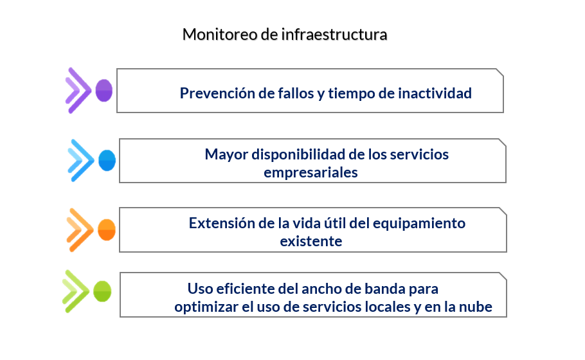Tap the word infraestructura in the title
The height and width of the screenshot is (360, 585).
coord(334,34)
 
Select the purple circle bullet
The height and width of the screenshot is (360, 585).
coord(104,90)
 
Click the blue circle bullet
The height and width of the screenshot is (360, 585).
coord(107,161)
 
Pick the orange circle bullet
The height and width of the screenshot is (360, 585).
coord(107,230)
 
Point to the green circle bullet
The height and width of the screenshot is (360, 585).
coord(102,291)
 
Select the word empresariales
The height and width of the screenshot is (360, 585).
coord(310,173)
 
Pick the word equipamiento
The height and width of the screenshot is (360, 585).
coord(419,224)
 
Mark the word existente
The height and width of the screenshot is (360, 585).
coord(310,241)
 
